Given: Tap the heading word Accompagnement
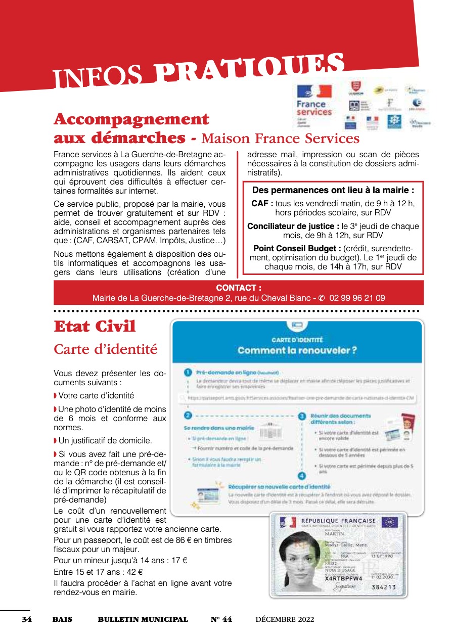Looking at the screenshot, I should (131, 120).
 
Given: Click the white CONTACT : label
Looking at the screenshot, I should (239, 288).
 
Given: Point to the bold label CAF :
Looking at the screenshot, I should (262, 203).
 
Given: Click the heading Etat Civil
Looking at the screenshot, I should (95, 327).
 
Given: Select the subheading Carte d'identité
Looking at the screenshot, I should (106, 349).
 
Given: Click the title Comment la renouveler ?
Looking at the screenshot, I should (297, 350).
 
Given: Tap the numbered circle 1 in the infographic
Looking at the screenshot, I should (187, 373).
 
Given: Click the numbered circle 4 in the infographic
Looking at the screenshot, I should (302, 476).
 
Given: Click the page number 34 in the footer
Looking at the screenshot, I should (27, 619).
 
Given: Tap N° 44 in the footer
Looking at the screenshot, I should (221, 619).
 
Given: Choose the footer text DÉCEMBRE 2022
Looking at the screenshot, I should (285, 619).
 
